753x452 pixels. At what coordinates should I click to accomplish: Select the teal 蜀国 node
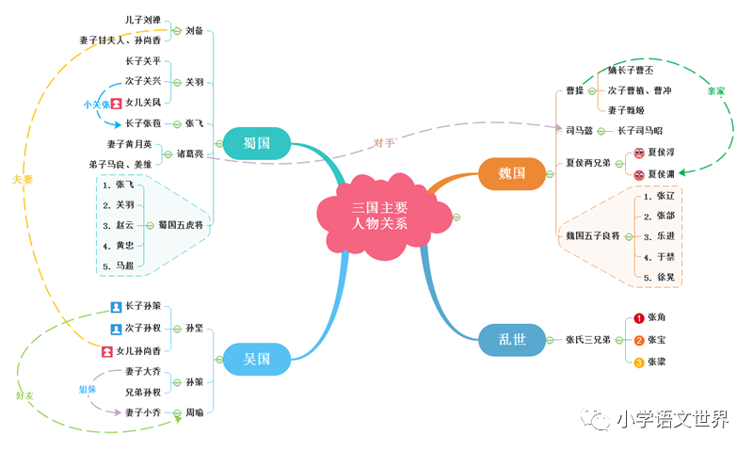[x=257, y=143]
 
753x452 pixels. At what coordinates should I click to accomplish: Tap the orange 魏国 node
[x=512, y=173]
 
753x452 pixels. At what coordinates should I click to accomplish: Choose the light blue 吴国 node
[x=257, y=359]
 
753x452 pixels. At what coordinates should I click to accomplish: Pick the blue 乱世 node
[x=512, y=340]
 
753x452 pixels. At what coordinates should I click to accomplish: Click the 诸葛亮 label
[x=190, y=153]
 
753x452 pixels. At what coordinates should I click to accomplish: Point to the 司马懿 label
[x=579, y=130]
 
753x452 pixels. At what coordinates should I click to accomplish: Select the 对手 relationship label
[x=384, y=142]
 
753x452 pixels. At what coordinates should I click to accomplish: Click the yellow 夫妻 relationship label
[x=23, y=180]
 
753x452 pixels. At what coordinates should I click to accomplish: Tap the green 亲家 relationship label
[x=716, y=90]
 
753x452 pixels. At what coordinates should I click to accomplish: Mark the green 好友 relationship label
[x=24, y=395]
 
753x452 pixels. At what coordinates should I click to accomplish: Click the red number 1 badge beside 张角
[x=639, y=318]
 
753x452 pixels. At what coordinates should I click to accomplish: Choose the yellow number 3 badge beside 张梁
[x=639, y=363]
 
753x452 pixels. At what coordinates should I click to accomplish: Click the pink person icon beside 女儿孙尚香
[x=107, y=351]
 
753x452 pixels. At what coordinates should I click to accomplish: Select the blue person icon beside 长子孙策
[x=116, y=307]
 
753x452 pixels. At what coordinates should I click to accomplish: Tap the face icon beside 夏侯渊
[x=639, y=175]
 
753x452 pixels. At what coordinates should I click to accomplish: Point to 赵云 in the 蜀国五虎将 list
[x=125, y=225]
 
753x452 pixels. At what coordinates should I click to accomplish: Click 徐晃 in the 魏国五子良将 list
[x=665, y=277]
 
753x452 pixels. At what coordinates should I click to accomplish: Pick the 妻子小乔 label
[x=143, y=412]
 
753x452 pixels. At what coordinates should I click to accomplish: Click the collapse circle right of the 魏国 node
[x=550, y=174]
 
